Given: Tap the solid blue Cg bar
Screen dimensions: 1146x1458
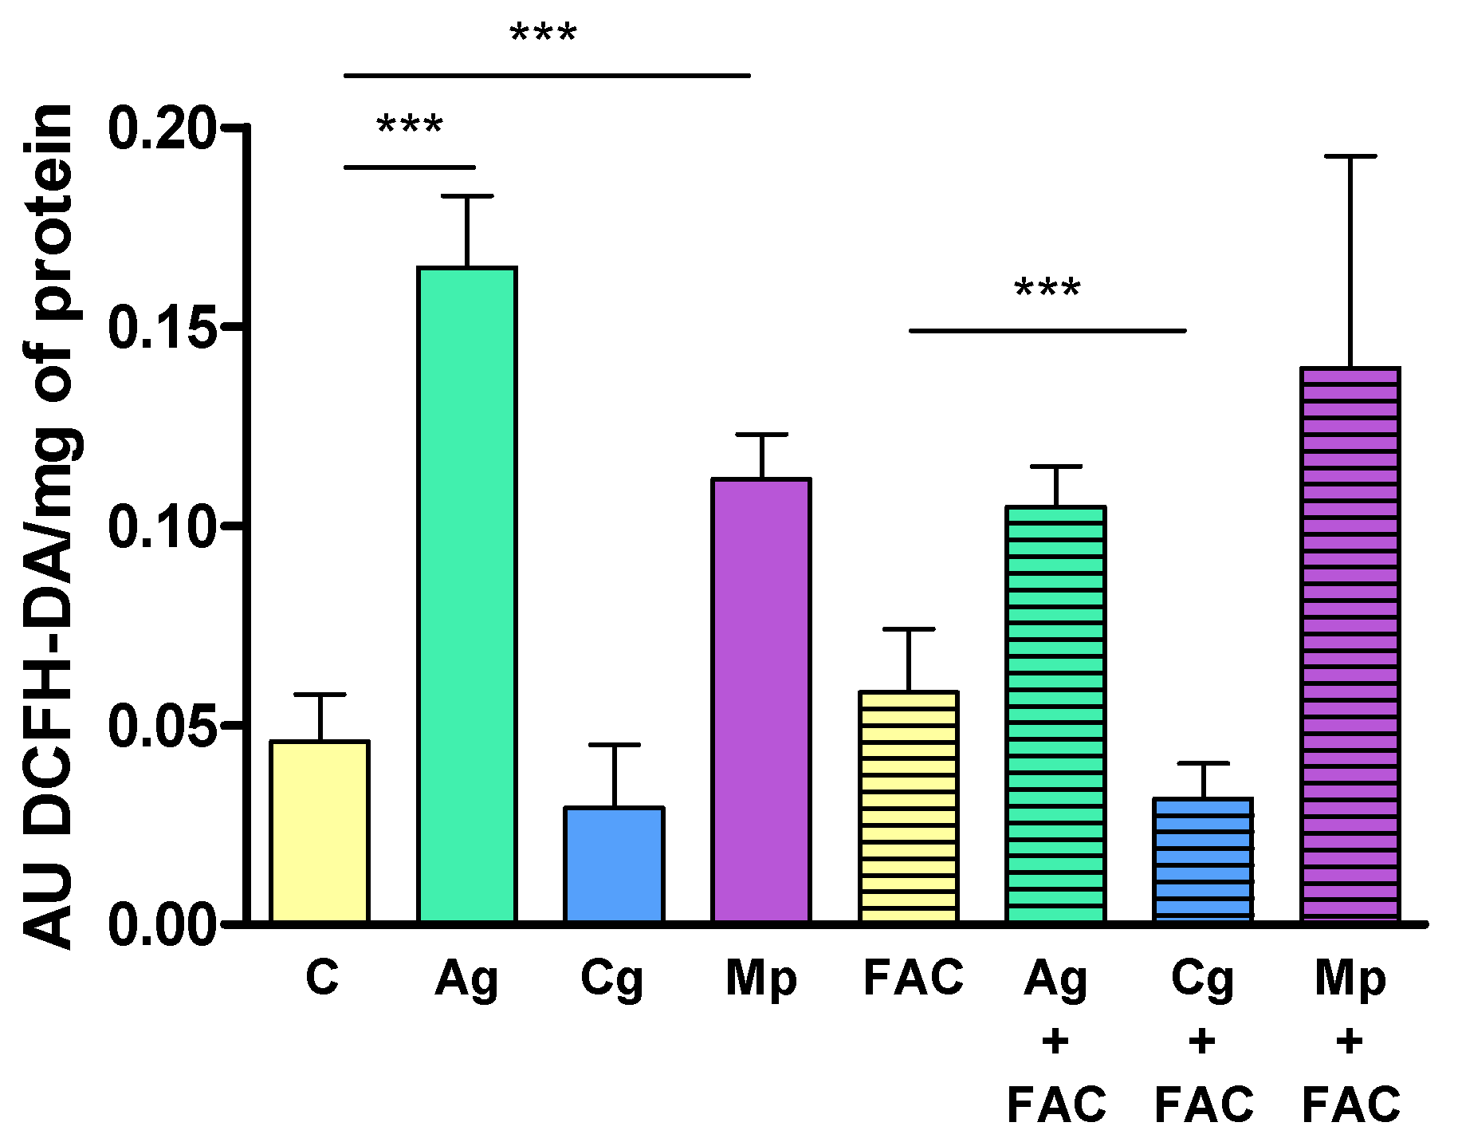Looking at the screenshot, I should pyautogui.click(x=614, y=864).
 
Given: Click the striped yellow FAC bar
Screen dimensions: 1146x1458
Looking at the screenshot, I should pyautogui.click(x=909, y=806).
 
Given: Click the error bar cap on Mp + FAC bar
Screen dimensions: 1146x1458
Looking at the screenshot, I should pyautogui.click(x=1350, y=156).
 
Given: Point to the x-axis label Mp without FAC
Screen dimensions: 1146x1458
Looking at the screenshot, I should pyautogui.click(x=761, y=979).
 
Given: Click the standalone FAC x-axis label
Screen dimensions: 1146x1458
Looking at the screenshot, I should pyautogui.click(x=914, y=978).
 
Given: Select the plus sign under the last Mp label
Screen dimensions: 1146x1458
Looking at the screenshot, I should pyautogui.click(x=1350, y=1042).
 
